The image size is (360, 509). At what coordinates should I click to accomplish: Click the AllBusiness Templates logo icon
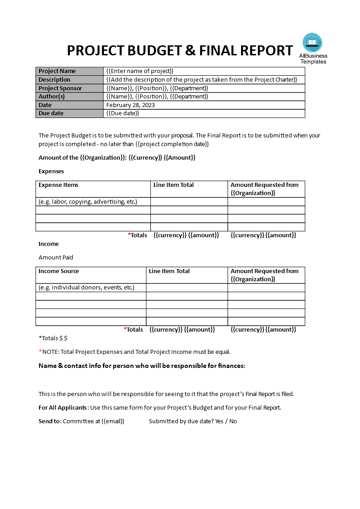tap(312, 43)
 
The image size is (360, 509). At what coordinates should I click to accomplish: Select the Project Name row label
tap(57, 71)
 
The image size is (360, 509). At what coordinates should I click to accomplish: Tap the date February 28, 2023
tap(130, 105)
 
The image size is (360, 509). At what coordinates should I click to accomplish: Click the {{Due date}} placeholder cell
tap(123, 113)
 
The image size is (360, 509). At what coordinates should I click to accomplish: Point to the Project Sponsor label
tap(60, 88)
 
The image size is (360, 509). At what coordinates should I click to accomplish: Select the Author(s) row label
tap(52, 97)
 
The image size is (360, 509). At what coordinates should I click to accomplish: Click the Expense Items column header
tap(59, 185)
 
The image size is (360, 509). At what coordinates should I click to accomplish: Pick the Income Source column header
tap(59, 271)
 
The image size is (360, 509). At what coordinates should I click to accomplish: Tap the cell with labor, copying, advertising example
tap(88, 202)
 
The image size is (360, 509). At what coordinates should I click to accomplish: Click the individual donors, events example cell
tap(86, 288)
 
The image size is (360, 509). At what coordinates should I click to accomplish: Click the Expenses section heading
tap(51, 171)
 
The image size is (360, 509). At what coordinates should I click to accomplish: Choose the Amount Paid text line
tap(56, 258)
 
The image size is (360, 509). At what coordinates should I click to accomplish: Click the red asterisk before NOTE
tap(40, 352)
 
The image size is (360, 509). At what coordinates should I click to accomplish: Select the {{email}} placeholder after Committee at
tap(113, 421)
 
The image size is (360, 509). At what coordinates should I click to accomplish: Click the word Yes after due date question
tap(219, 421)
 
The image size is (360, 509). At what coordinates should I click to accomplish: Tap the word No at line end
tap(233, 421)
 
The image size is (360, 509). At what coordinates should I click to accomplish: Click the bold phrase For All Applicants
tap(62, 408)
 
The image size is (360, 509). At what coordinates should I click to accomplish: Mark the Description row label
tap(54, 80)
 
